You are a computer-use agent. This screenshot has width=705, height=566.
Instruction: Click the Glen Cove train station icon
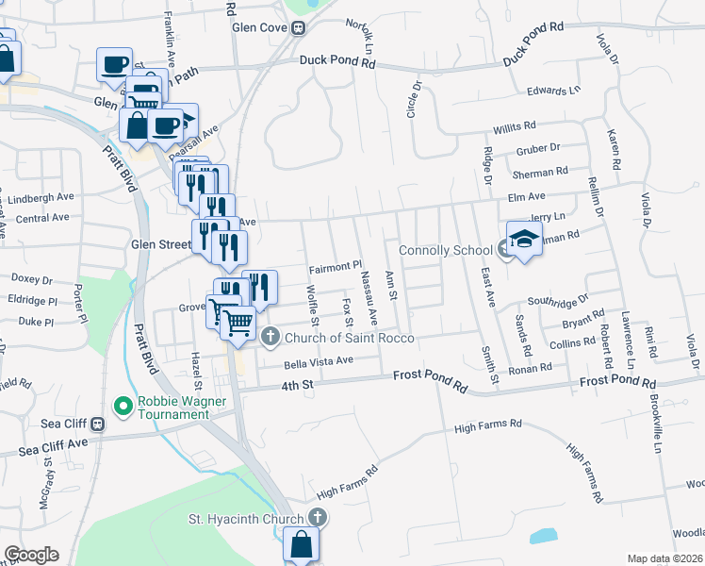[298, 27]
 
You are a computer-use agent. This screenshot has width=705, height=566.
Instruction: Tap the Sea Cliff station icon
[98, 424]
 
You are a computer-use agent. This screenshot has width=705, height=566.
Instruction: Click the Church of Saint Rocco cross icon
[271, 337]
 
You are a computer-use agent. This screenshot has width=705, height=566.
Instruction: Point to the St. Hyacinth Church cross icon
[318, 517]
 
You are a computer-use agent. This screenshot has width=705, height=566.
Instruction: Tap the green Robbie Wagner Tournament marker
[122, 407]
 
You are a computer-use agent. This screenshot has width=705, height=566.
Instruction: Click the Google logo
[31, 555]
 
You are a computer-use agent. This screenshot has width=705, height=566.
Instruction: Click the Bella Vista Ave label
[319, 361]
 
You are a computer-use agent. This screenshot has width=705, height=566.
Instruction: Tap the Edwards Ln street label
[553, 92]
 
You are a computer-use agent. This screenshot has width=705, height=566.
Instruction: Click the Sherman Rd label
[540, 173]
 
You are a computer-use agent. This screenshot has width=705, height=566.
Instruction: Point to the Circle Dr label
[412, 98]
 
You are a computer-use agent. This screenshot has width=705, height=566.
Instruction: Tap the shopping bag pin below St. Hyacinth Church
[302, 545]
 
